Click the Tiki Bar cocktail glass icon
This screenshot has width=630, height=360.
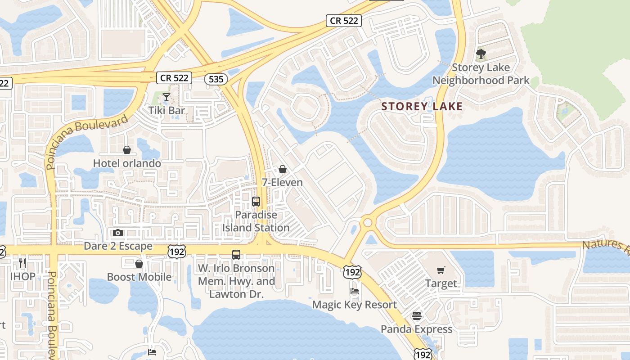point(166,97)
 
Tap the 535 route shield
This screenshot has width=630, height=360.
point(216,79)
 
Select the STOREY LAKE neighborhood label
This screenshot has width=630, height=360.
point(422,106)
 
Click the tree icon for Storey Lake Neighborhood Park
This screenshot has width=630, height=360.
point(481,54)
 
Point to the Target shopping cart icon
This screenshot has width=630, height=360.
point(441,270)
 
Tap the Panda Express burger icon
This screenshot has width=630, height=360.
point(417,315)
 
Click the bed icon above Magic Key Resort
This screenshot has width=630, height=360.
point(355,291)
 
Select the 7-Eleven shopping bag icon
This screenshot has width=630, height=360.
point(283,169)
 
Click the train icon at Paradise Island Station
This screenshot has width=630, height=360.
point(256,201)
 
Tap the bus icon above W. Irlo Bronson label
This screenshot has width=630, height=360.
point(236,254)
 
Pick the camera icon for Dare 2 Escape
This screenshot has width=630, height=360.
point(118,233)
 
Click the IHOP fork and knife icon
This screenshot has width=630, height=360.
point(22,262)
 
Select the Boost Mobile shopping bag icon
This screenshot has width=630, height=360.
point(139,263)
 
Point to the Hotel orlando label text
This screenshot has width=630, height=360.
point(127,163)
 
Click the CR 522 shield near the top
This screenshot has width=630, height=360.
point(344,20)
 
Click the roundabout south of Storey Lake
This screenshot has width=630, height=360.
point(368,223)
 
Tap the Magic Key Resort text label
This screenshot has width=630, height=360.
point(355,305)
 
